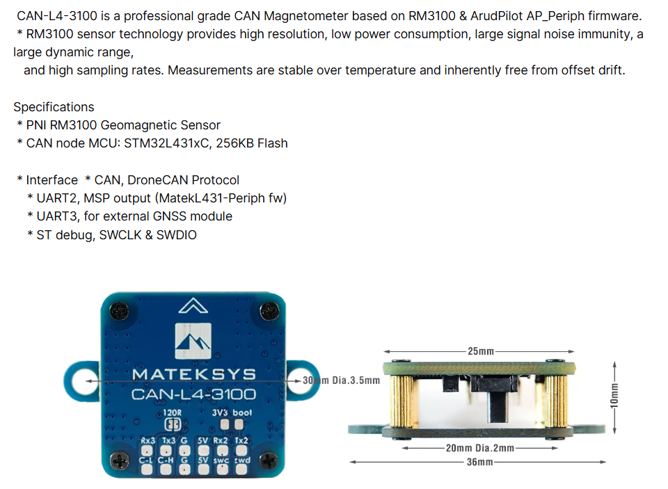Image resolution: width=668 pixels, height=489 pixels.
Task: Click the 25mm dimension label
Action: pyautogui.click(x=477, y=351)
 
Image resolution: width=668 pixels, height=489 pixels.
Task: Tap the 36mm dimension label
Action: pyautogui.click(x=481, y=461)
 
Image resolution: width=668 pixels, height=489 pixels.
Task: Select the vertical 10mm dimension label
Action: pyautogui.click(x=613, y=394)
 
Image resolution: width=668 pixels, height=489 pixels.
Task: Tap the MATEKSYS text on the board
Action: pyautogui.click(x=194, y=375)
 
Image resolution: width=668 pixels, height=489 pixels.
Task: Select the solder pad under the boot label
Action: pyautogui.click(x=242, y=424)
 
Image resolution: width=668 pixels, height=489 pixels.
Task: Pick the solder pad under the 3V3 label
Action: pyautogui.click(x=222, y=424)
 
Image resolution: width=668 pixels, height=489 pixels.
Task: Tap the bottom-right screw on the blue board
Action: pyautogui.click(x=267, y=458)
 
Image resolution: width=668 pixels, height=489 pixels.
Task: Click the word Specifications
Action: pyautogui.click(x=54, y=107)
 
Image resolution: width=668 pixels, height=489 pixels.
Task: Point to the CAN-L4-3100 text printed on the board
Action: pyautogui.click(x=193, y=394)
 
